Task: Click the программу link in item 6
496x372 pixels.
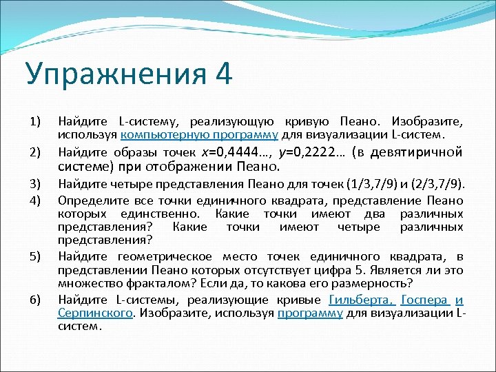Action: (309, 313)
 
